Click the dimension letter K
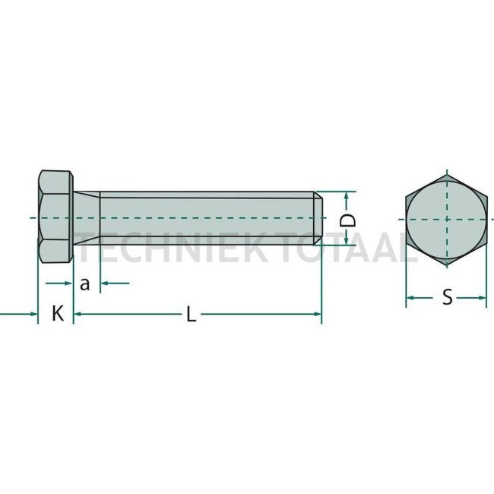click(x=57, y=313)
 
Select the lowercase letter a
click(x=85, y=284)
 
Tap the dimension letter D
click(x=347, y=220)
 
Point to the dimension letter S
click(x=447, y=298)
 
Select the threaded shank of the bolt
click(x=205, y=218)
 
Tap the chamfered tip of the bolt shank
click(x=319, y=218)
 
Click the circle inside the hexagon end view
click(x=446, y=218)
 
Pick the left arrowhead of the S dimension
click(x=409, y=298)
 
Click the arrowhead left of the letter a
click(x=69, y=283)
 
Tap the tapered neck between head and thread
click(x=87, y=218)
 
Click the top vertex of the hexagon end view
click(x=446, y=173)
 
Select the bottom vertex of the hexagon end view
click(x=446, y=263)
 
